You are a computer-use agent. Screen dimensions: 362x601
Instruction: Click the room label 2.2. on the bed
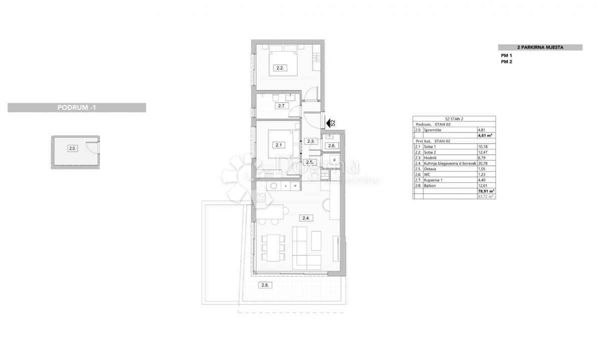[280, 68]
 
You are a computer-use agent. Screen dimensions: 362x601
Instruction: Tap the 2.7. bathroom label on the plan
[280, 106]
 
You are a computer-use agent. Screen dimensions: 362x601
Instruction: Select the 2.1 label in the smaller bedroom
[278, 145]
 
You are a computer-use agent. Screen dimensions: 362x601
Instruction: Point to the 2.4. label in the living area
[306, 218]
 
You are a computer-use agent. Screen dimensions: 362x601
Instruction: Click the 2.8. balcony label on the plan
[264, 285]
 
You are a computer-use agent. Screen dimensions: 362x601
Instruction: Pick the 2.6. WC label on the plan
[332, 146]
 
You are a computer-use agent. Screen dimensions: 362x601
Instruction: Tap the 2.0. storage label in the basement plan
[73, 148]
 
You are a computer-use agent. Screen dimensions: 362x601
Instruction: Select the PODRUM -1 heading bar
[77, 108]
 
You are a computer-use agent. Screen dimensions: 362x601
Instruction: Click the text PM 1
[506, 56]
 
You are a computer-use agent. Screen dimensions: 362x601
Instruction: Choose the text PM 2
[506, 62]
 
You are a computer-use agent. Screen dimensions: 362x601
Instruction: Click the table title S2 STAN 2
[454, 119]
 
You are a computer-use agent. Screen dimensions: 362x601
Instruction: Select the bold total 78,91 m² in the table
[486, 191]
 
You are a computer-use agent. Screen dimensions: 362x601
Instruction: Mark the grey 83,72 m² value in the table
[486, 197]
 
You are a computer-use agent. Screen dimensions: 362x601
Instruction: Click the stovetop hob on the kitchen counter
[260, 197]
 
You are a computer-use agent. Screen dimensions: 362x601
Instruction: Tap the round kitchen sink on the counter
[274, 186]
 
